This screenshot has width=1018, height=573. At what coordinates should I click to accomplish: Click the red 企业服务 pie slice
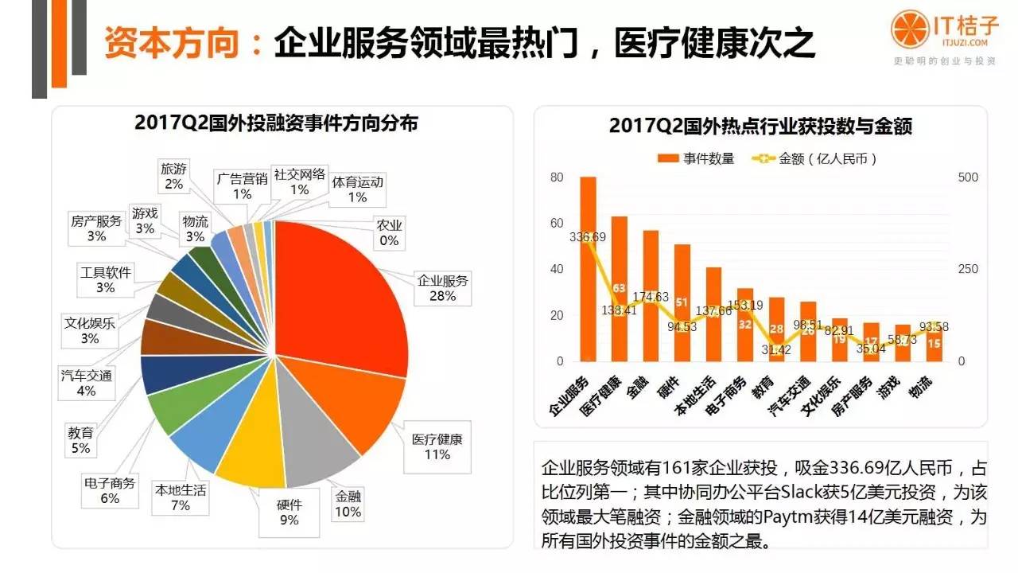pos(342,294)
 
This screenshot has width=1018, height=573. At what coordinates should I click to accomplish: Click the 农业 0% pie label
pos(389,232)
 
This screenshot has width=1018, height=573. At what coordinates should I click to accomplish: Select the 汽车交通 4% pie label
pos(86,383)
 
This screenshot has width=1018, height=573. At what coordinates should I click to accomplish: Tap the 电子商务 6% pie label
pos(110,491)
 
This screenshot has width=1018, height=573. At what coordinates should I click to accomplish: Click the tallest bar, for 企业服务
pos(589,271)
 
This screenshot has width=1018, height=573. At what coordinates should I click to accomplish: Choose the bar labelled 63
pos(620,288)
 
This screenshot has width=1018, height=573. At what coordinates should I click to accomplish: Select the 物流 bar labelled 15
pos(934,342)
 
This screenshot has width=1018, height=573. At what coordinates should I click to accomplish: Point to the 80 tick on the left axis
pos(556,177)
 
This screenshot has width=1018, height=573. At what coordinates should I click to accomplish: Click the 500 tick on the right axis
pos(968,177)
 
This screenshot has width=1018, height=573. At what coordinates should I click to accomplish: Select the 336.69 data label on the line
pos(588,236)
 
